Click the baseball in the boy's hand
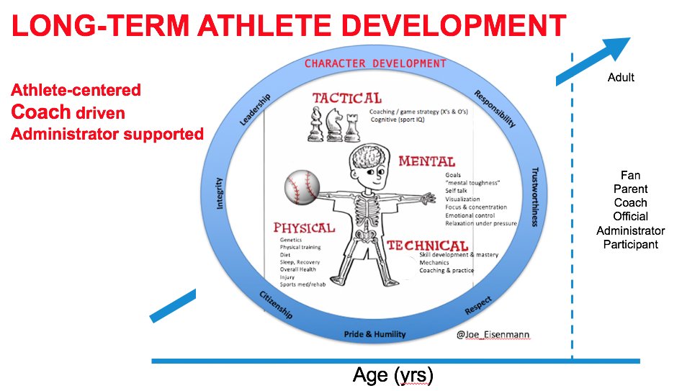[302, 187]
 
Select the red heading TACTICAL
[346, 99]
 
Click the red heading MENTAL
[426, 161]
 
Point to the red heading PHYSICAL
[304, 228]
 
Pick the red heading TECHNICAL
[428, 246]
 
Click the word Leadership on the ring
[256, 109]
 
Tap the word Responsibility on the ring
[495, 109]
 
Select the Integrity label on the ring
[219, 193]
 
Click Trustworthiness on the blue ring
[535, 197]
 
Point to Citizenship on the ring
[276, 305]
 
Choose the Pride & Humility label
[374, 334]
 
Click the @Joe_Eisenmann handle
[493, 334]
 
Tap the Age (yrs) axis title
[392, 375]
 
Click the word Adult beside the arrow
[621, 78]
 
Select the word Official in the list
[630, 216]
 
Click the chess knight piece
[333, 125]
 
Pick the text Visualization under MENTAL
[462, 199]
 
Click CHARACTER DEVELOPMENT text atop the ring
[375, 63]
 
